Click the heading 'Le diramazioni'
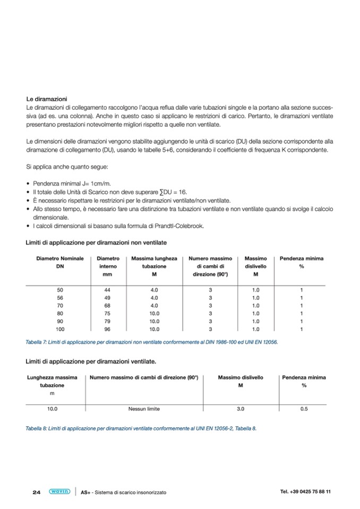[x=46, y=99]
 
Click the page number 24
[x=37, y=492]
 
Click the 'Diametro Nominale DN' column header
[x=60, y=262]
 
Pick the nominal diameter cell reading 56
[x=60, y=298]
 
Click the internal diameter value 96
[x=108, y=329]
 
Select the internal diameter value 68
[x=108, y=306]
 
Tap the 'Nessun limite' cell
[x=144, y=409]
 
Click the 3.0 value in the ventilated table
[x=240, y=409]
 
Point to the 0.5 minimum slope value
[x=304, y=409]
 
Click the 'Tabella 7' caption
[x=151, y=342]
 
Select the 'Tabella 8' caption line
[x=141, y=428]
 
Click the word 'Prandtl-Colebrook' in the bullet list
[x=181, y=226]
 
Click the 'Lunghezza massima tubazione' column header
[x=52, y=382]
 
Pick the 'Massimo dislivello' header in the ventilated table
[x=240, y=382]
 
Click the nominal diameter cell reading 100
[x=60, y=329]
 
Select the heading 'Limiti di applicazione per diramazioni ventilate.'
[x=91, y=361]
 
